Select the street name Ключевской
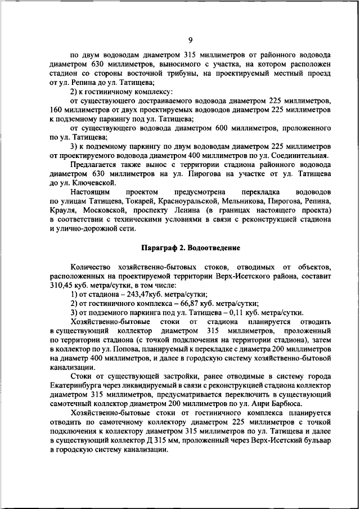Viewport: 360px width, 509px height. click(92, 183)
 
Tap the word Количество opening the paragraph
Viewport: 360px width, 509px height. click(93, 267)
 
